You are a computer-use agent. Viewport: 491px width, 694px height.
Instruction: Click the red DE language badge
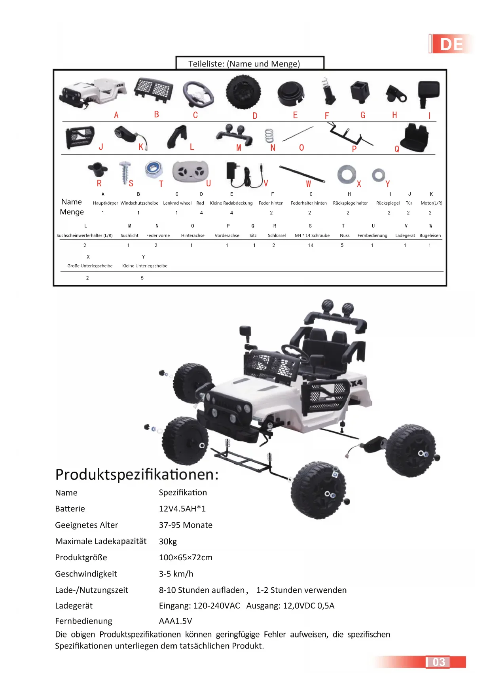click(451, 44)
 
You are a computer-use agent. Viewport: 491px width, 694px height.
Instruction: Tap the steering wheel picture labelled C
click(198, 94)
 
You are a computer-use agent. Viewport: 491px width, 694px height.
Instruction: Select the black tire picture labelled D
click(243, 92)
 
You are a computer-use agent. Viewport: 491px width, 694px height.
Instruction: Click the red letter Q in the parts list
click(397, 149)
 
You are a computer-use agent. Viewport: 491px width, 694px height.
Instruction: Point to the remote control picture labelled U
click(190, 171)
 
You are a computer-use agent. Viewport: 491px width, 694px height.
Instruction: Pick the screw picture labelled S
click(125, 173)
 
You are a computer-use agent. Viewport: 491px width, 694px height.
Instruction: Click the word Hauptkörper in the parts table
click(105, 203)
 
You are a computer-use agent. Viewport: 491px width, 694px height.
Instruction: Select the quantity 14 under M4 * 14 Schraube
click(311, 245)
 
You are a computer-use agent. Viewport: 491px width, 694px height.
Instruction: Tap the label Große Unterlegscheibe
click(90, 266)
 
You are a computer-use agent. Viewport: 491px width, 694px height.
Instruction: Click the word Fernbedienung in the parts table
click(372, 235)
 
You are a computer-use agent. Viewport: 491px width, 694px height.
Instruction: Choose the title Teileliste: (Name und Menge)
click(244, 64)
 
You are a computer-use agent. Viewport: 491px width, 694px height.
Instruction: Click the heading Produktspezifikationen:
click(137, 474)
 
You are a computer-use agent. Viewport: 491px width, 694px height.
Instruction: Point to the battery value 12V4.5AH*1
click(182, 508)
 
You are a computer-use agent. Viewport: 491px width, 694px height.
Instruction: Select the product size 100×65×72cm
click(185, 557)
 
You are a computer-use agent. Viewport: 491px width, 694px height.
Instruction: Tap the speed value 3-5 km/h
click(176, 574)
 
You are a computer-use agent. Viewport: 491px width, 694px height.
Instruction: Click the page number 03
click(438, 662)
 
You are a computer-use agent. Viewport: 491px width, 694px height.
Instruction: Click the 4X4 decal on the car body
click(355, 383)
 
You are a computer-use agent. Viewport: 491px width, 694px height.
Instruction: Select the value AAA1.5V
click(175, 621)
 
